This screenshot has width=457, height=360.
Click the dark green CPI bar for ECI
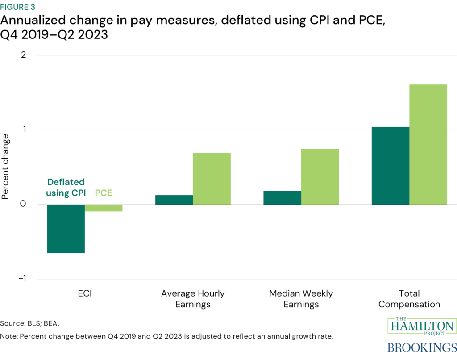[x=66, y=229]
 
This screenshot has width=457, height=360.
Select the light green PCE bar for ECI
[x=104, y=208]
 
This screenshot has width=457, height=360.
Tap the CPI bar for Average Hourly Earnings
[x=174, y=200]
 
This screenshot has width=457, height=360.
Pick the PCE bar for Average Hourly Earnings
[x=212, y=179]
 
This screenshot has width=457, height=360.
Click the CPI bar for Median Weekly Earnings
[x=282, y=198]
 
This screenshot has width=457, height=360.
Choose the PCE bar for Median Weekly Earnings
[x=320, y=176]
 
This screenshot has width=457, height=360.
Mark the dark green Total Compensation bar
[x=391, y=166]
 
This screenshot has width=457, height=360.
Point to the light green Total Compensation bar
[x=428, y=144]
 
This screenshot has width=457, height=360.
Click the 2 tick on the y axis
[x=36, y=55]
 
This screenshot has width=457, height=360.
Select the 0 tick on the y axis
[x=36, y=205]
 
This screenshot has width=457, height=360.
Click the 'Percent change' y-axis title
[x=6, y=166]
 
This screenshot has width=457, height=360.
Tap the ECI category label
[x=85, y=293]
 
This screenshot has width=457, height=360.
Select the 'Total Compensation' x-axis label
[x=409, y=299]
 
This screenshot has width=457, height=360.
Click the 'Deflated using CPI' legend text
[x=66, y=188]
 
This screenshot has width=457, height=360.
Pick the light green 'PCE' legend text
[x=104, y=193]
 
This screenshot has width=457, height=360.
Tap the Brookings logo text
[x=422, y=347]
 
